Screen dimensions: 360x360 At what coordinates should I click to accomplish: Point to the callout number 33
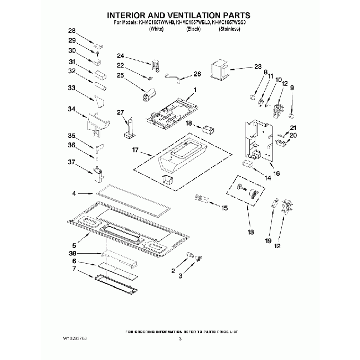pos(71,88)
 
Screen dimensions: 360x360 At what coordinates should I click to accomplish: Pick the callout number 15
pos(224,208)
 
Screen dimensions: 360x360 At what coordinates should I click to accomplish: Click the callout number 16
pos(276,173)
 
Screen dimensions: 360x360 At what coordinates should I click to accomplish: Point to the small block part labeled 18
pos(209,128)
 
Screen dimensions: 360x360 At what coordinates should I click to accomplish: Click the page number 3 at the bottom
pos(181,338)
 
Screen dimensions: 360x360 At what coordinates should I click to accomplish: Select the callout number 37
pos(71,162)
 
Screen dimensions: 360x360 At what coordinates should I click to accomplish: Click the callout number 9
pos(292,88)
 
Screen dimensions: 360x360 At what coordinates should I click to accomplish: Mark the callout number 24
pos(120,56)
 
